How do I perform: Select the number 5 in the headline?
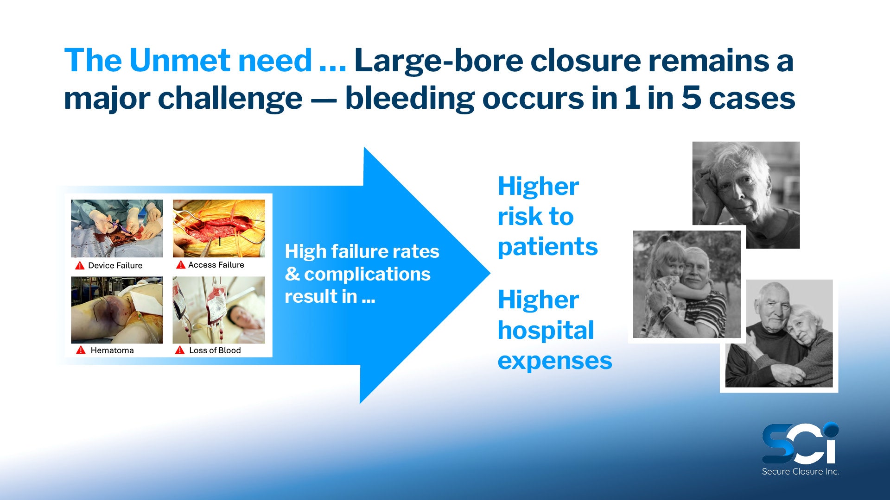[x=691, y=98]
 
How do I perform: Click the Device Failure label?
[x=115, y=265]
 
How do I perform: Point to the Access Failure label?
[x=216, y=265]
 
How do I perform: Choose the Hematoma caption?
[x=112, y=350]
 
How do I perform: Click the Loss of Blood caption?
[x=215, y=350]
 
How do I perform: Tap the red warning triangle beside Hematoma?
[x=81, y=350]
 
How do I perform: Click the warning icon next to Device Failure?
[x=80, y=265]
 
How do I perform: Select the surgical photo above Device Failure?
[x=117, y=228]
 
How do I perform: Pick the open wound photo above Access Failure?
[x=219, y=228]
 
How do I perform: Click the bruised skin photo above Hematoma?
[x=117, y=310]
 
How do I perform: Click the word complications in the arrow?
[x=367, y=275]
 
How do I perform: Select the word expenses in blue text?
[x=555, y=361]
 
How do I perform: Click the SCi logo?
[x=800, y=443]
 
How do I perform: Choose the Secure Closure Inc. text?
[x=801, y=472]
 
